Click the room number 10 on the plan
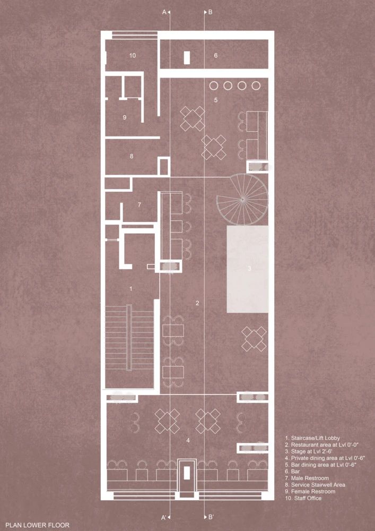(133, 55)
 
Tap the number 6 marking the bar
(216, 55)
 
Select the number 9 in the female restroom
(124, 117)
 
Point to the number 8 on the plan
(131, 156)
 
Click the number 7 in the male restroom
(139, 204)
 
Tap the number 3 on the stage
(249, 269)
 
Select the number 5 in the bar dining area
(216, 100)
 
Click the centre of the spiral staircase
(242, 199)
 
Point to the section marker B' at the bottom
(211, 517)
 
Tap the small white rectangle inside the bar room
(187, 57)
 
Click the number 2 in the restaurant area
(197, 303)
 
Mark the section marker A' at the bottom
(165, 517)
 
